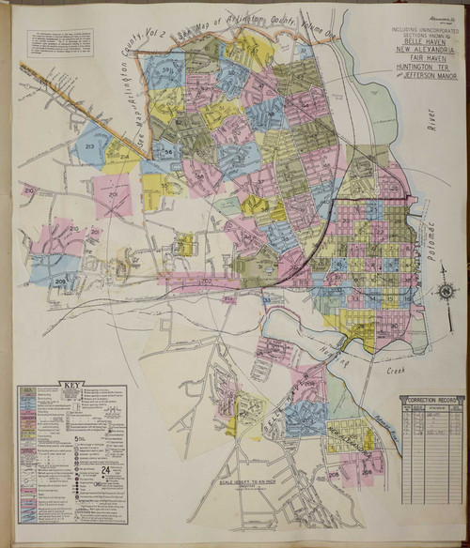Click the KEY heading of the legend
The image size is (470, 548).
[70, 385]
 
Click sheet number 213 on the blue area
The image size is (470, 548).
[90, 148]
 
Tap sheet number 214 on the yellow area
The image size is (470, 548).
[124, 156]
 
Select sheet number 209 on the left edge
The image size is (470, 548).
[61, 281]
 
